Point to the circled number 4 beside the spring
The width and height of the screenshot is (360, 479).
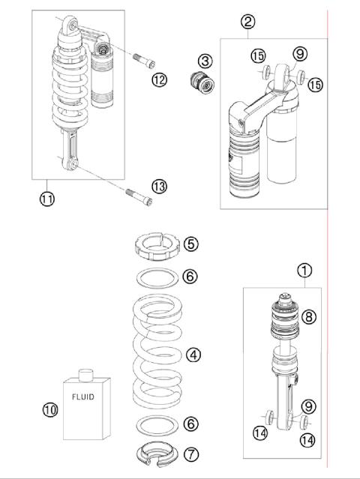pyautogui.click(x=195, y=354)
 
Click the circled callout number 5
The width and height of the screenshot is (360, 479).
pyautogui.click(x=191, y=244)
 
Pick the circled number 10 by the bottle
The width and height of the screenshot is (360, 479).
pyautogui.click(x=50, y=409)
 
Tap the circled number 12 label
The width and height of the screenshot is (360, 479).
pyautogui.click(x=159, y=79)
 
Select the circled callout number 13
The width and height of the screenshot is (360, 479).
pyautogui.click(x=160, y=186)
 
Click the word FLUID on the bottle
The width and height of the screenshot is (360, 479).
pyautogui.click(x=82, y=397)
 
